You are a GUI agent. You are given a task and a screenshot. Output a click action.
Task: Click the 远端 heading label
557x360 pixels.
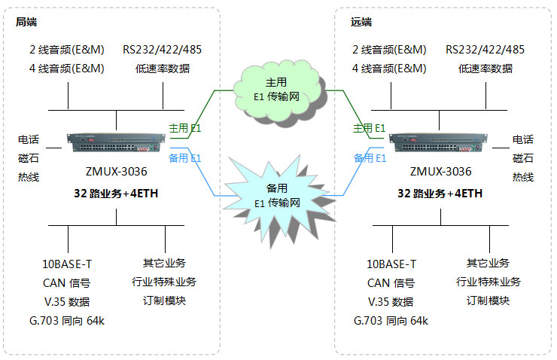click(x=361, y=22)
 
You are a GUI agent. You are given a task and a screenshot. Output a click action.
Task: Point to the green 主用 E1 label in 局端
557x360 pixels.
click(x=184, y=129)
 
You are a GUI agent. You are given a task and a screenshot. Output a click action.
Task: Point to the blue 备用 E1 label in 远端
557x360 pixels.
click(x=370, y=158)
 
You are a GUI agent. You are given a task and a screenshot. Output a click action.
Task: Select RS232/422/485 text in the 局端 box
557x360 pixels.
click(x=163, y=50)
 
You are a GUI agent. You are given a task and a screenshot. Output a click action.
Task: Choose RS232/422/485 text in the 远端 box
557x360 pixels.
click(x=485, y=50)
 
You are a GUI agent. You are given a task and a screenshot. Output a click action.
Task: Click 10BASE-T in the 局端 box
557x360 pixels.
click(x=67, y=264)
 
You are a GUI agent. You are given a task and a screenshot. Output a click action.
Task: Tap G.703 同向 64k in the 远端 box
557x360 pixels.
click(x=390, y=322)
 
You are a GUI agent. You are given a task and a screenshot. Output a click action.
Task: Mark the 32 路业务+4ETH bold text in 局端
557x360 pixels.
click(x=116, y=193)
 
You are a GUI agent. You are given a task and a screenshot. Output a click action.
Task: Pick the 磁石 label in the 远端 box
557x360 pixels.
click(x=522, y=158)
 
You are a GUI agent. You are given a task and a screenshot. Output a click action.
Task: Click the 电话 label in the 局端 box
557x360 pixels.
click(x=29, y=140)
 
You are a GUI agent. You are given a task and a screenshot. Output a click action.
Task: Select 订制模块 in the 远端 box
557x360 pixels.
click(x=487, y=301)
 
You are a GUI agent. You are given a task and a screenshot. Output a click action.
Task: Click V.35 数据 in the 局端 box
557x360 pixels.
click(x=67, y=302)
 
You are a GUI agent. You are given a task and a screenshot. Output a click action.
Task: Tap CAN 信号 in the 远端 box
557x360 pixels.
click(x=390, y=283)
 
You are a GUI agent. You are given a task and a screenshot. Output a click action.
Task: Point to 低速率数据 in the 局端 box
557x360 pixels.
click(x=163, y=69)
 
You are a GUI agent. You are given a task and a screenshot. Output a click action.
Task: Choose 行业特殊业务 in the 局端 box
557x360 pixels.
click(x=164, y=282)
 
